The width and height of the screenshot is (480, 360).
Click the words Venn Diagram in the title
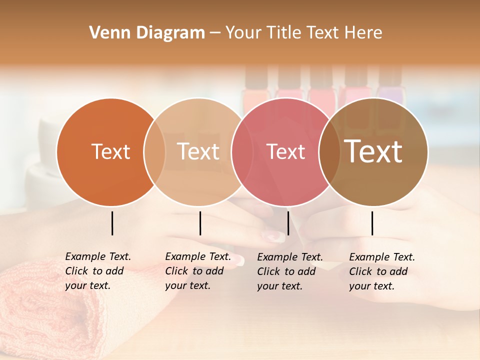click(147, 33)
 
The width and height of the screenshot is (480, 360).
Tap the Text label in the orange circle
click(110, 151)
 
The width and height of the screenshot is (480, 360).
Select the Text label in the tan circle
click(198, 151)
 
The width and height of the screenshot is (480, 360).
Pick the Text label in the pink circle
click(286, 151)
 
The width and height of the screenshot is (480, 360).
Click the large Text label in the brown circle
click(373, 151)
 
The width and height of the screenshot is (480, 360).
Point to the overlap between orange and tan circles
click(154, 152)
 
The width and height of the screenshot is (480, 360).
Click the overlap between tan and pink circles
click(242, 152)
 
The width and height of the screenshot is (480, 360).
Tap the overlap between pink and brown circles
click(329, 152)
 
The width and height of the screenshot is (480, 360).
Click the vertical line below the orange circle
click(112, 223)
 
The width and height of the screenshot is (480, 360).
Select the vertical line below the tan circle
click(200, 223)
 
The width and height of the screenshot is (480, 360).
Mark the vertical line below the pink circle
click(288, 223)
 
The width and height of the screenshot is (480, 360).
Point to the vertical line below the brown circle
click(372, 223)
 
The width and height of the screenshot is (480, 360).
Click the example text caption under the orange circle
click(98, 271)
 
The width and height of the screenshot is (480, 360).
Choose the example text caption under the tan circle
click(198, 271)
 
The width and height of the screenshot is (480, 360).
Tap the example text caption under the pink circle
click(290, 271)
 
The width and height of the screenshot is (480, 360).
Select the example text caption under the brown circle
click(382, 271)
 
